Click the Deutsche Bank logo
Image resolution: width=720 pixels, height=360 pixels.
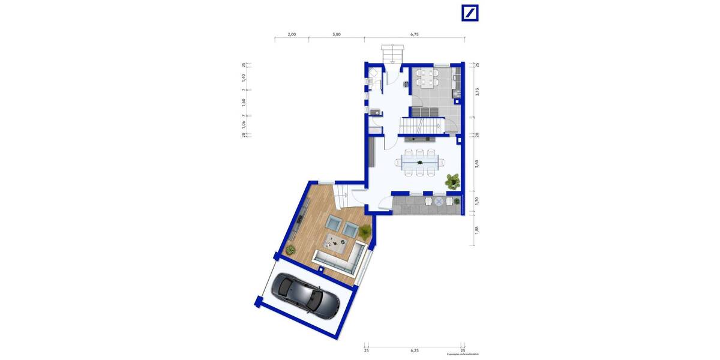tap(470, 13)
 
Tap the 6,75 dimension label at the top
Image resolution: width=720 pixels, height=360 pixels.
tap(415, 35)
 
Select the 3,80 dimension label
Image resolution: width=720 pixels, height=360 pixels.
tap(337, 35)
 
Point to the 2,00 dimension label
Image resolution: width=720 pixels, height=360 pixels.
tap(292, 35)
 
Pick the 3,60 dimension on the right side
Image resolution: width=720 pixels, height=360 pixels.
tap(477, 163)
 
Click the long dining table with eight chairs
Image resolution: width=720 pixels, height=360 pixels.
tap(420, 162)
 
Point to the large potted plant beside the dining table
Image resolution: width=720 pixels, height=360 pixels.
tap(452, 179)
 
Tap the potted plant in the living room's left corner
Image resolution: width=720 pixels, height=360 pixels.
tap(292, 248)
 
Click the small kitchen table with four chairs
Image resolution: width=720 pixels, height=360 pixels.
tap(427, 77)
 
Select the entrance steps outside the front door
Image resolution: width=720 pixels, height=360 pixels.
tap(392, 55)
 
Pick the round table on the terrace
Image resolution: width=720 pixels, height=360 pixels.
tap(439, 202)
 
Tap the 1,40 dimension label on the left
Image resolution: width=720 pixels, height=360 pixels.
tap(244, 77)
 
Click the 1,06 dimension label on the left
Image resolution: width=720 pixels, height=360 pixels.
tap(244, 124)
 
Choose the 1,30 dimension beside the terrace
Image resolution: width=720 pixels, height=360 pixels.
tap(477, 202)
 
